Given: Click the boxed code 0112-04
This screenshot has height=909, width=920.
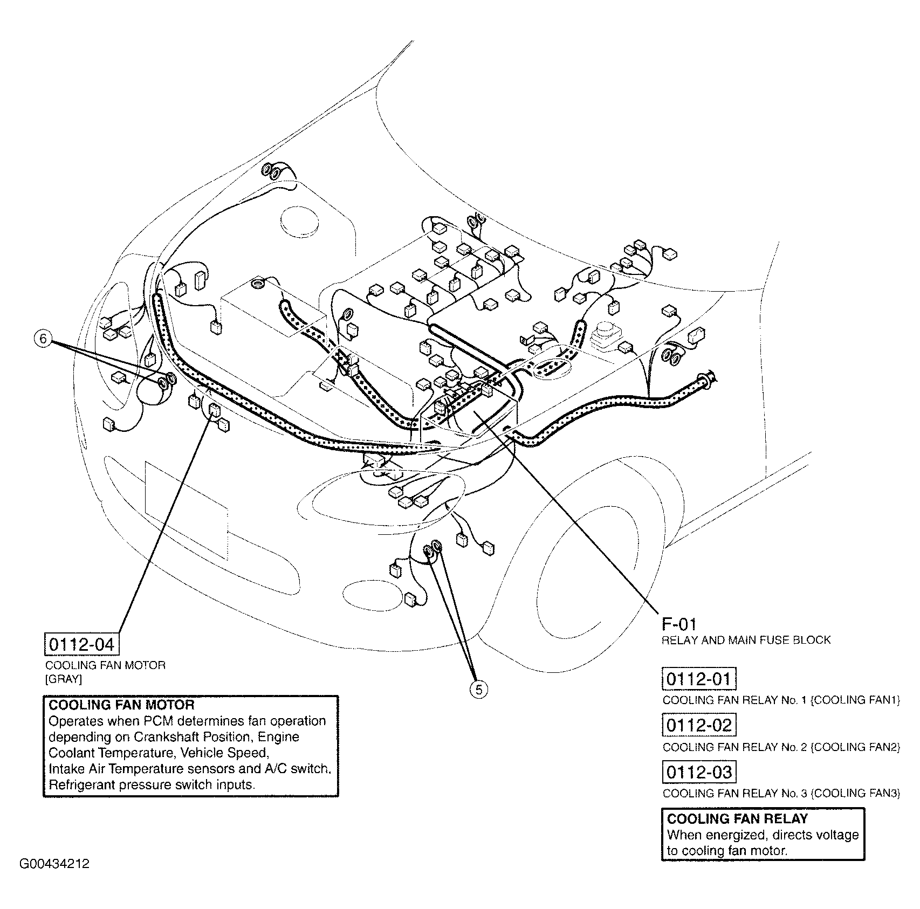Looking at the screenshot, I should (x=81, y=644).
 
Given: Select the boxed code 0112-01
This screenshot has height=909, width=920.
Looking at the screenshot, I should (x=698, y=679).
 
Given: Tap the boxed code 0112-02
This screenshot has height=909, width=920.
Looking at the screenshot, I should (x=698, y=725).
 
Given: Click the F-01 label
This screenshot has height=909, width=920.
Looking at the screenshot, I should (x=679, y=624).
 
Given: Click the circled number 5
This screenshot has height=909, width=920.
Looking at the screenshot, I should (x=478, y=689).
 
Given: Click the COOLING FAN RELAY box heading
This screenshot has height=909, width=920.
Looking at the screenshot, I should (x=737, y=819).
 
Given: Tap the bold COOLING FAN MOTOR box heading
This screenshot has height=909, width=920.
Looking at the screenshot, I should (x=121, y=705).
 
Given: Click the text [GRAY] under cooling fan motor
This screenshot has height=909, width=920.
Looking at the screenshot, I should (x=63, y=679).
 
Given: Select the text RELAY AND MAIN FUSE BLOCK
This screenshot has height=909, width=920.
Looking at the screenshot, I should (x=746, y=640).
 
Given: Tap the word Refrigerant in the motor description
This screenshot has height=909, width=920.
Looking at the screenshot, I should (x=81, y=784).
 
